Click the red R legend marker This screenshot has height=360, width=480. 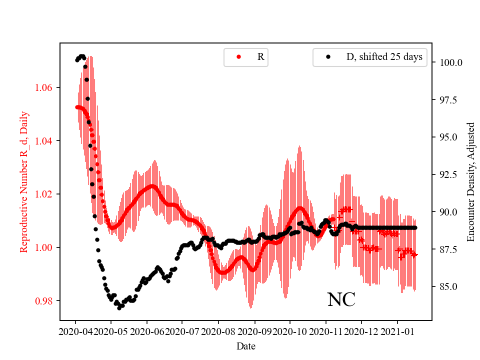click(238, 57)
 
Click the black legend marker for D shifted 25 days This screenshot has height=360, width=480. click(328, 57)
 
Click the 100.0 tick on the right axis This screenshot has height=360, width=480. click(450, 63)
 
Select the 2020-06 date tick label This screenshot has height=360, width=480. click(147, 331)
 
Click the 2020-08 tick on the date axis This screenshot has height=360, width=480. click(218, 331)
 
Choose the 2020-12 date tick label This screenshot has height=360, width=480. click(361, 331)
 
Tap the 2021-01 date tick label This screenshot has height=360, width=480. click(397, 331)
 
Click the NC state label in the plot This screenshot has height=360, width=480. click(341, 300)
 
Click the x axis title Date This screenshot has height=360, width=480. click(245, 346)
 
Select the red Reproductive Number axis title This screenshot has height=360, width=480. click(23, 182)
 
